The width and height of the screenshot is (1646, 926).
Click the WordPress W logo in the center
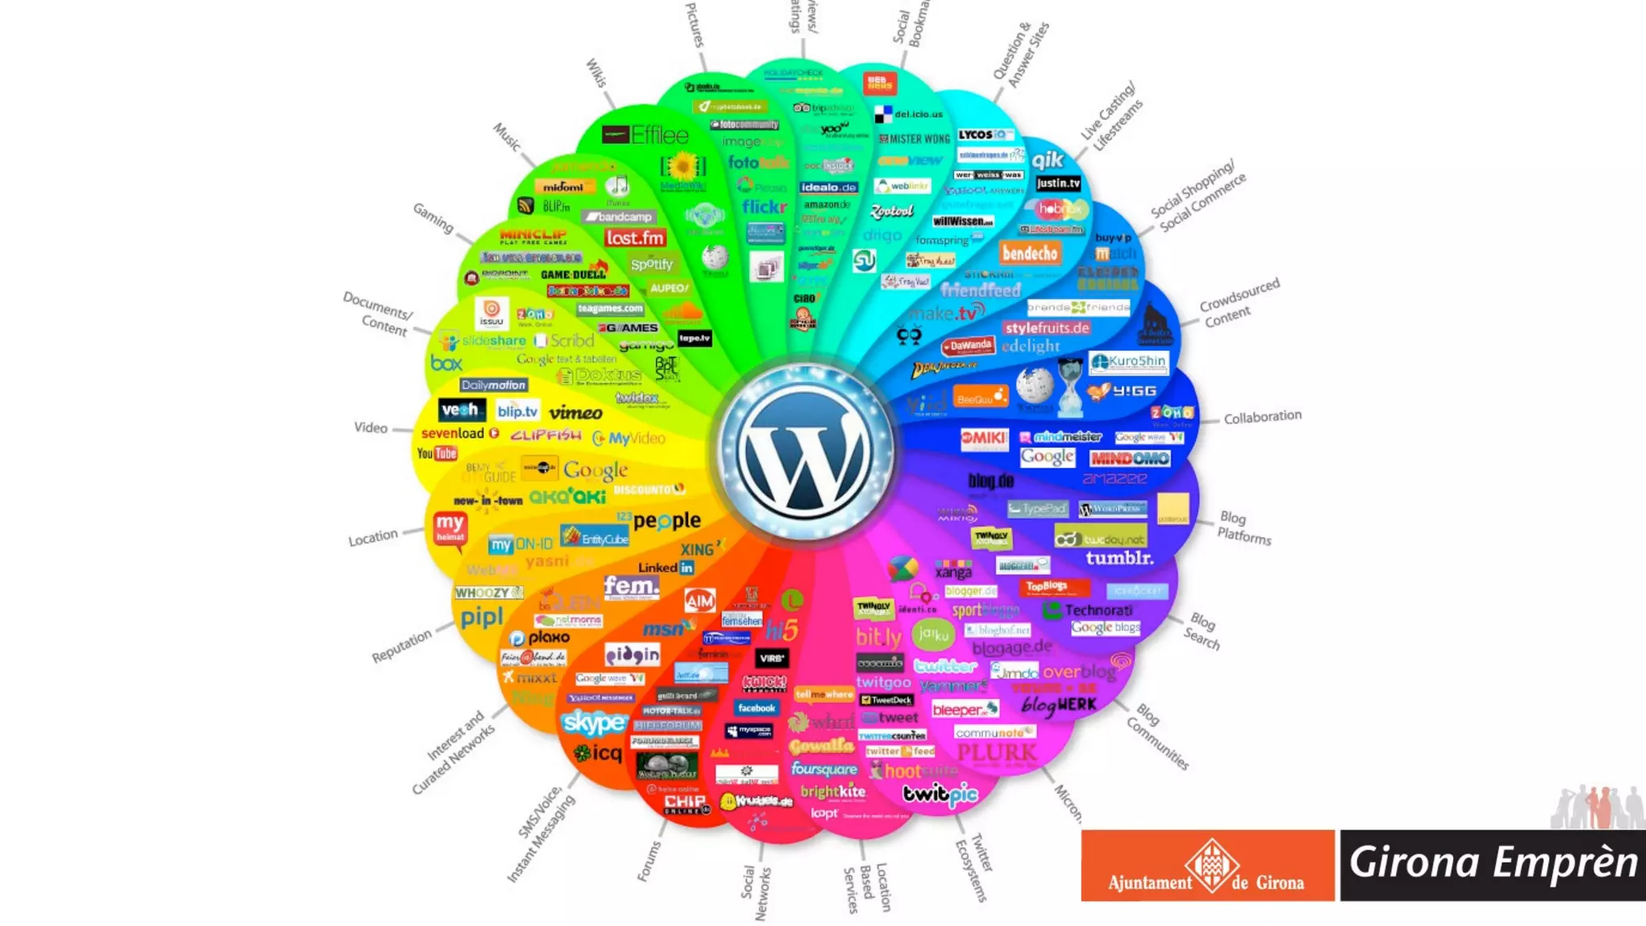805,451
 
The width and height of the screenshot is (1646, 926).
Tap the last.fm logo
635,238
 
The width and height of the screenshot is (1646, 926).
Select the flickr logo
764,207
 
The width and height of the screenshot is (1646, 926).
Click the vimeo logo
575,412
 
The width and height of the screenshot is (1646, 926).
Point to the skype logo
594,723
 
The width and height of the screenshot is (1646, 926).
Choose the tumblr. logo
1119,558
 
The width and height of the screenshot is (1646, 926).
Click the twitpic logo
940,794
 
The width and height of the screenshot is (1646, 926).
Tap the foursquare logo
824,768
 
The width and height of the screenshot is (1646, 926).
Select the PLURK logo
997,752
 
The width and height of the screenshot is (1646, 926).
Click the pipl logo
481,617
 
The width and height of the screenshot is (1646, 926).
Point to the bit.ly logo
878,637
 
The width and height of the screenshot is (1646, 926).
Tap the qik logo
1047,160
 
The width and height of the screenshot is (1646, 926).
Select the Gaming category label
433,218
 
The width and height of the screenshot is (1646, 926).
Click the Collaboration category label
1262,416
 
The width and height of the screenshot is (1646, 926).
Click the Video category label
371,428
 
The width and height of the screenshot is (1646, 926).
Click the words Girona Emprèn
1492,862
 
